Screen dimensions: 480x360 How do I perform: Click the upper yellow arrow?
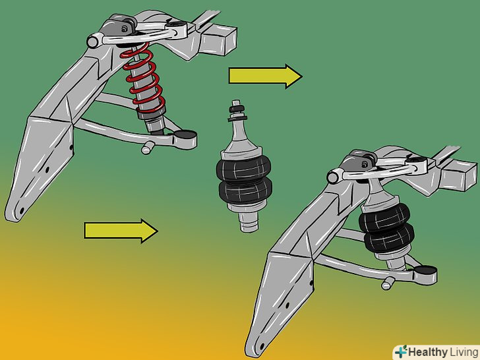point(265,76)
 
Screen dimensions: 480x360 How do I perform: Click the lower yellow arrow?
point(121,231)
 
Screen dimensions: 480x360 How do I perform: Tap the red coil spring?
point(143,78)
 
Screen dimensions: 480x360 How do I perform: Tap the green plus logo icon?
point(401,351)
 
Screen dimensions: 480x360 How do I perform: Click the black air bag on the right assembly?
point(386,227)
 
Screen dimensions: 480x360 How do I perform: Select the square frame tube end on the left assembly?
point(219,40)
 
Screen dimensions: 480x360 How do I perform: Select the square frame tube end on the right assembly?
point(460,175)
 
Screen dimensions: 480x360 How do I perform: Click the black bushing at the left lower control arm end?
point(185,135)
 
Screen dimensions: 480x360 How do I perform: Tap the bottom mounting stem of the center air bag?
point(249,222)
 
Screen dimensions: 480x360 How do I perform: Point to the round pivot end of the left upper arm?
point(93,41)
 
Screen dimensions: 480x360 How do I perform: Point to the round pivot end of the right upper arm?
point(334,177)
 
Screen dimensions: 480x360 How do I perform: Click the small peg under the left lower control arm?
point(147,148)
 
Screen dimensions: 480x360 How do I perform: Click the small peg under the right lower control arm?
point(388,283)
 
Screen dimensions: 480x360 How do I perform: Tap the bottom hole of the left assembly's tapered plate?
point(22,211)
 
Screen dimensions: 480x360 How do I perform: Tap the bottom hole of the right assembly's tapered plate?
point(262,347)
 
